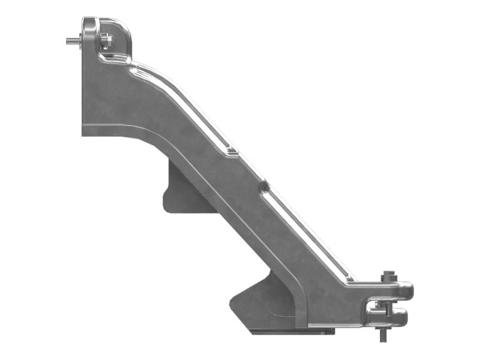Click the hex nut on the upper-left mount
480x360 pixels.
click(x=104, y=41)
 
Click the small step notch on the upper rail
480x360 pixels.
click(x=229, y=151)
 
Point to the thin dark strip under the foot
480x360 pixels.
click(x=288, y=331)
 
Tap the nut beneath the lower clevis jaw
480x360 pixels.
click(x=383, y=327)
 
